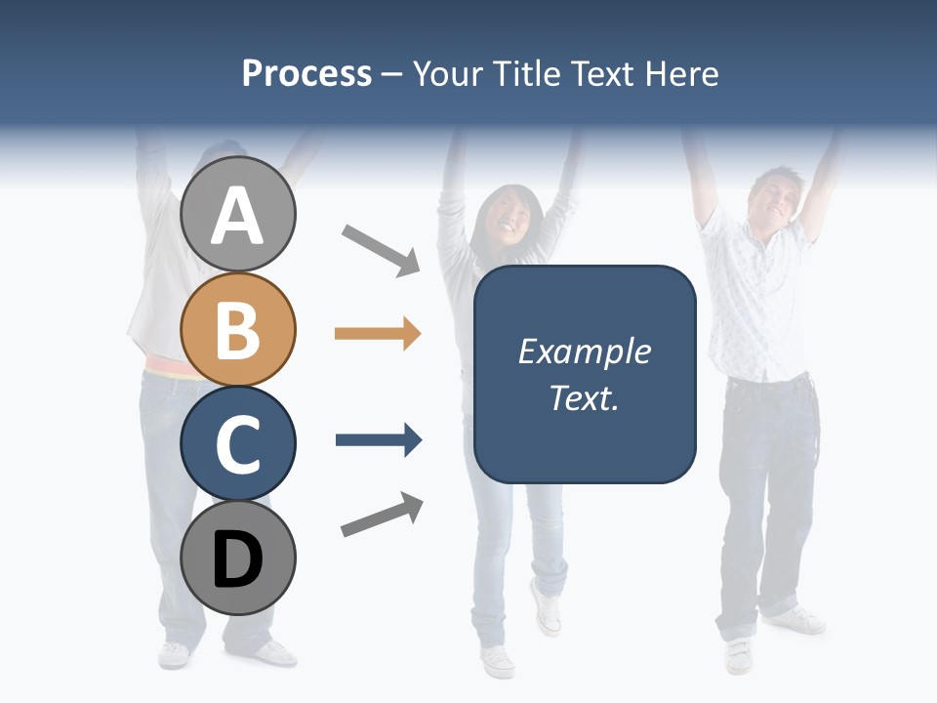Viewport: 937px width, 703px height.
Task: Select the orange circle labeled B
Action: tap(238, 329)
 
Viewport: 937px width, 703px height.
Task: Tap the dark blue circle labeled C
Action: tap(238, 443)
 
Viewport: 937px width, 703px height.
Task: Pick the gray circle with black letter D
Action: tap(238, 558)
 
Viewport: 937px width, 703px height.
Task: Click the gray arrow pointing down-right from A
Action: tap(381, 249)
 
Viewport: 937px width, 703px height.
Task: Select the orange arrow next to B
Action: tap(378, 334)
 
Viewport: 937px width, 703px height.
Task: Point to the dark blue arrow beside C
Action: tap(378, 440)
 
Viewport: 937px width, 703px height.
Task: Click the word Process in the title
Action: tap(306, 73)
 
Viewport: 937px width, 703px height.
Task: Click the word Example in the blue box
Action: tap(584, 351)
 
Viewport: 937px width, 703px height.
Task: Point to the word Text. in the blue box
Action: tap(584, 397)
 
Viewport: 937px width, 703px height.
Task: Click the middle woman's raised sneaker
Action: tap(547, 606)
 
